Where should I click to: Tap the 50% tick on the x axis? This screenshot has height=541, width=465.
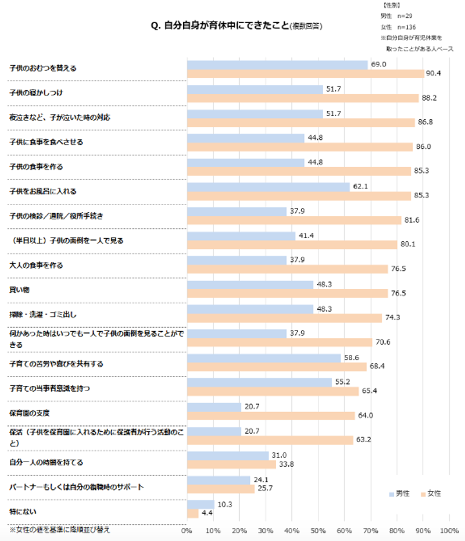pos(319,531)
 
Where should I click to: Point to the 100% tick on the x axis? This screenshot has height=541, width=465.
pos(449,531)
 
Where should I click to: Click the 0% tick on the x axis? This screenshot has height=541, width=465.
pos(187,531)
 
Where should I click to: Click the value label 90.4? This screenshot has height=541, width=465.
pos(434,73)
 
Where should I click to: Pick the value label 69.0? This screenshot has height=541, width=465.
pos(379,64)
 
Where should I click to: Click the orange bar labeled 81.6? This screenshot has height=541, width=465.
pos(294,220)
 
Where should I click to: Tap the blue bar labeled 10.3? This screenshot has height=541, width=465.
pos(201,504)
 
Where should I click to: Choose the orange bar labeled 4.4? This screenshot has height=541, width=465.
pos(192,513)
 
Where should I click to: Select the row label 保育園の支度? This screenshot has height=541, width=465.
pos(29,411)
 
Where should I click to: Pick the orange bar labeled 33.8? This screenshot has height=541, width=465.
pos(231,464)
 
